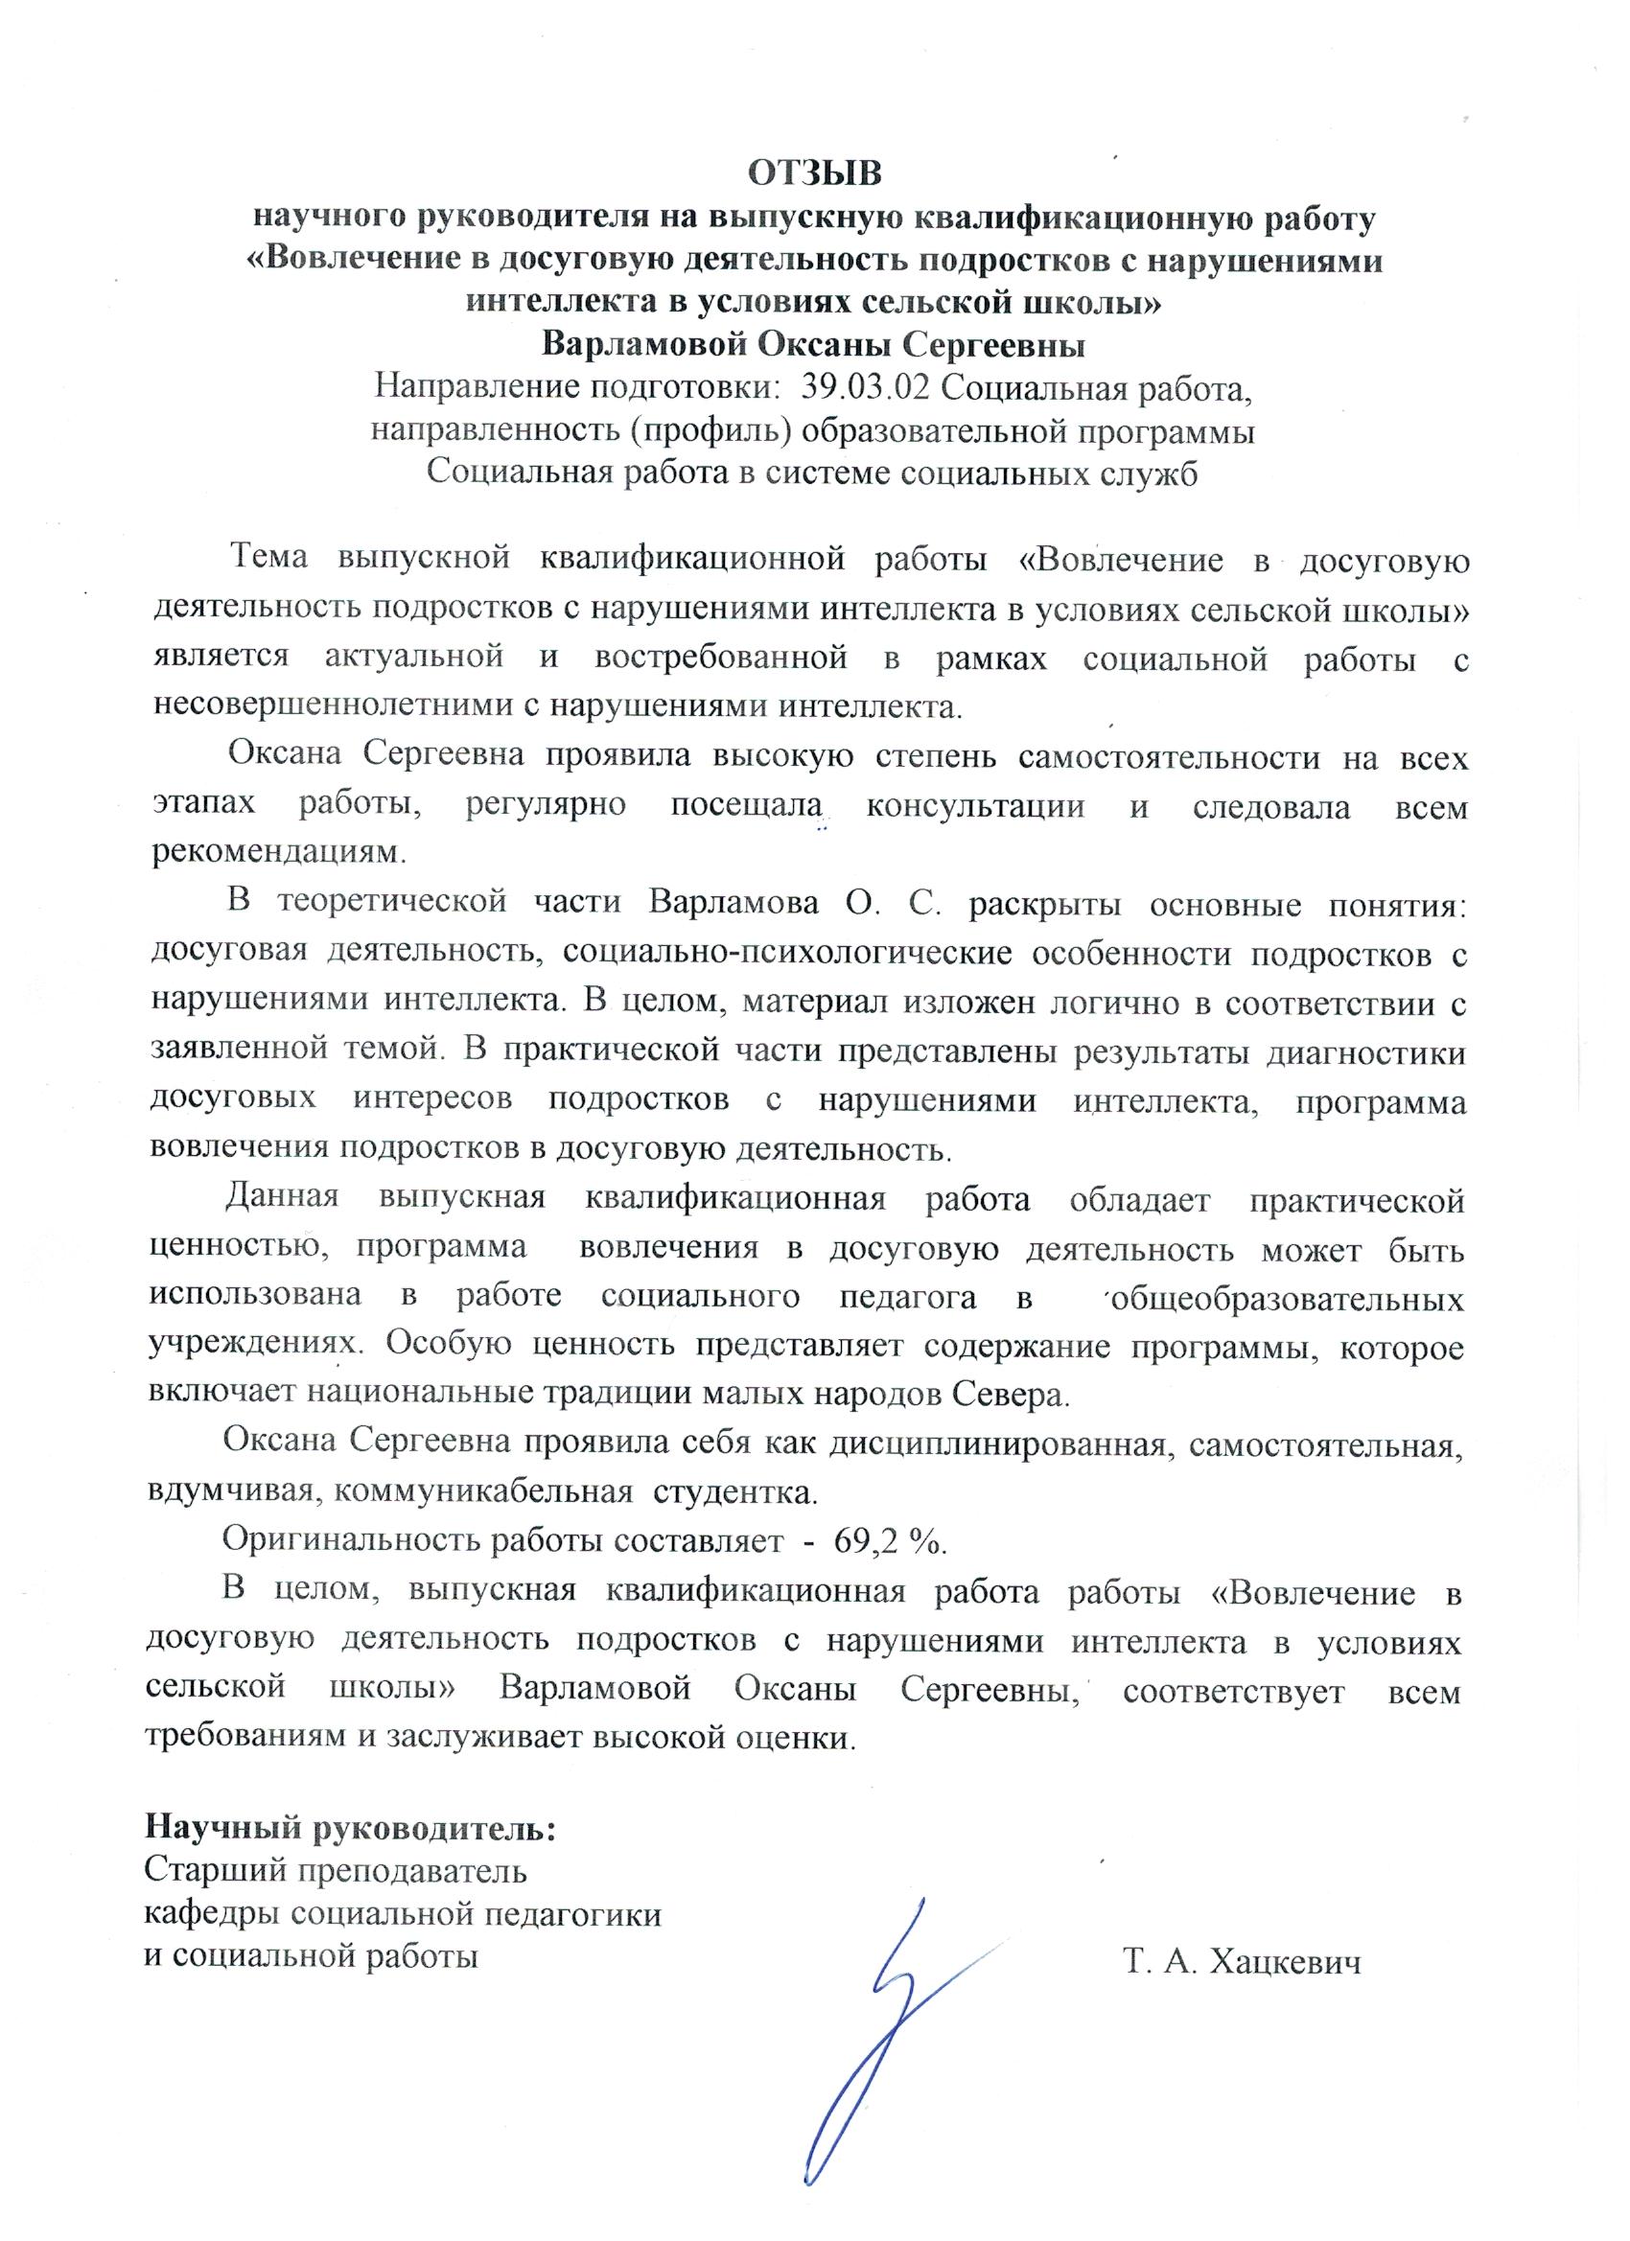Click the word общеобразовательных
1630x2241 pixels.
pos(1288,1298)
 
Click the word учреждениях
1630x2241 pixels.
pos(251,1346)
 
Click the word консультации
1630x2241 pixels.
pos(974,806)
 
